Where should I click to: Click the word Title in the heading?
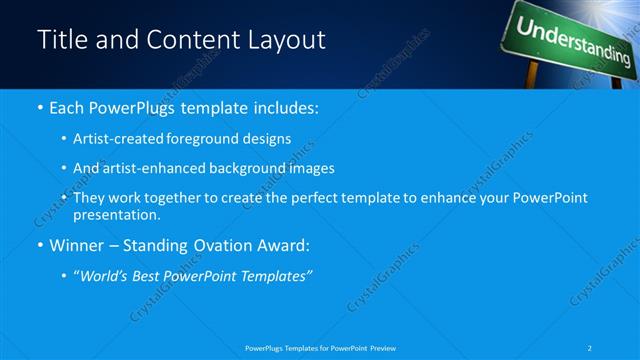tap(62, 40)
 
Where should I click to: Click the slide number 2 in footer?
tap(591, 347)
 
